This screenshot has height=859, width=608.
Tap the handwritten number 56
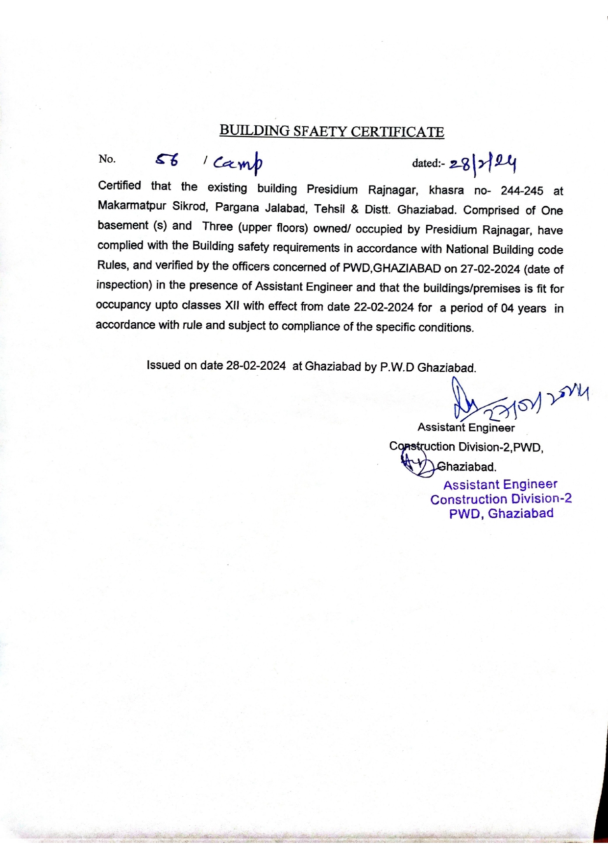tap(167, 160)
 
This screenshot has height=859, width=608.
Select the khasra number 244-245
tap(522, 191)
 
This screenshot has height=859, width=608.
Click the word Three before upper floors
tap(217, 227)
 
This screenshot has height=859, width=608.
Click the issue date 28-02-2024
tap(256, 366)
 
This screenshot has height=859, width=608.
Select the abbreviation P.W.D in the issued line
tap(397, 367)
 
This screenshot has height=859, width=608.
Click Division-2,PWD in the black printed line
tap(500, 447)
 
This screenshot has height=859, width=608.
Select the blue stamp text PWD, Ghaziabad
tap(501, 514)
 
